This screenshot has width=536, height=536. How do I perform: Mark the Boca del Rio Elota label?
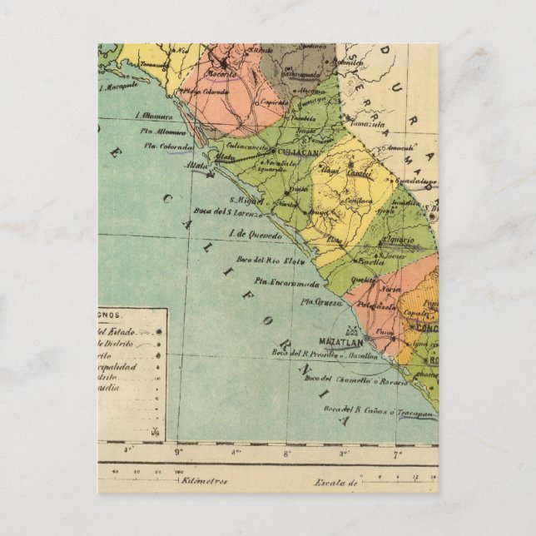pyautogui.click(x=262, y=261)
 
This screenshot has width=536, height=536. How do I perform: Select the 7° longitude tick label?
pyautogui.click(x=397, y=454)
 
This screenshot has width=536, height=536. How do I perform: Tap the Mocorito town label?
pyautogui.click(x=221, y=73)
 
